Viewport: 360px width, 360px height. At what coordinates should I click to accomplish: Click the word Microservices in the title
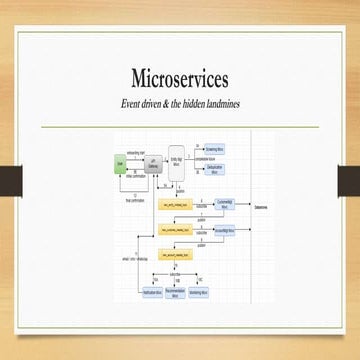click(x=180, y=78)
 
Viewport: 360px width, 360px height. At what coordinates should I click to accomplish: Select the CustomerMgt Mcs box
click(x=224, y=203)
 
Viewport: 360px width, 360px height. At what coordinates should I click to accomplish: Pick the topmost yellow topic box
click(x=174, y=203)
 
